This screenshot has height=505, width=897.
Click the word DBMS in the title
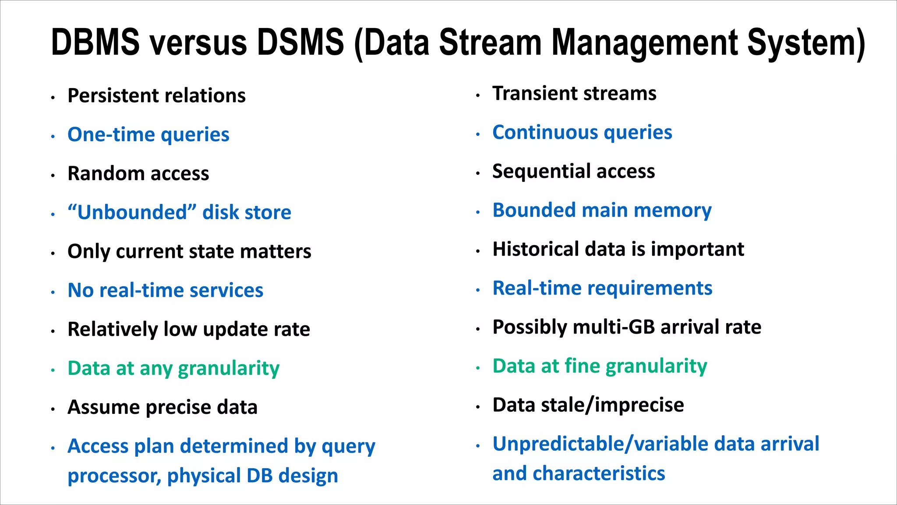click(x=95, y=42)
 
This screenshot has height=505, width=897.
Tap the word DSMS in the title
click(x=300, y=42)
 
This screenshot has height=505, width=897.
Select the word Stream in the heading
click(x=490, y=42)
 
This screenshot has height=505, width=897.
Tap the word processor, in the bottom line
click(x=114, y=477)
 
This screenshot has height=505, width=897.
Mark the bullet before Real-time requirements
click(x=478, y=290)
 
